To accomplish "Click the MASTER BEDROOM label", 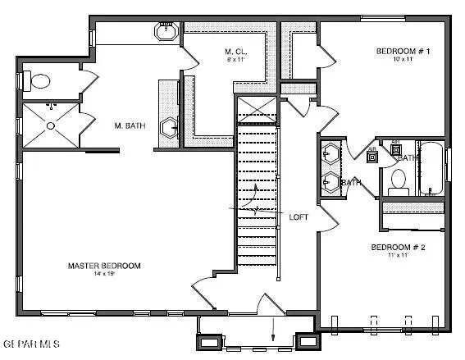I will point(103,266).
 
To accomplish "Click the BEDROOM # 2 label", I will point(397,247).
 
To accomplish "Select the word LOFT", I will point(299,217).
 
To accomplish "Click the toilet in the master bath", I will point(38,80).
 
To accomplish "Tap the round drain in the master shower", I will point(51,125).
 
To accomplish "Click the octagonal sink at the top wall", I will point(166,33).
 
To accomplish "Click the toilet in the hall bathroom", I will point(399,180).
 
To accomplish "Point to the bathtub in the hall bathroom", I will point(431,168).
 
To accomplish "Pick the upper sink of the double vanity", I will point(331,154).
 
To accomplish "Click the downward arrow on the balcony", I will point(273,332).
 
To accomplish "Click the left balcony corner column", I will point(210,339).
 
